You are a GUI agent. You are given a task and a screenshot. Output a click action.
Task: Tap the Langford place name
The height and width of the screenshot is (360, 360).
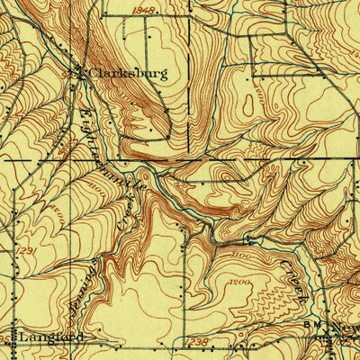click(44, 336)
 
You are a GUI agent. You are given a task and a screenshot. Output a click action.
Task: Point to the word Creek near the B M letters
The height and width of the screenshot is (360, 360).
click(298, 280)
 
